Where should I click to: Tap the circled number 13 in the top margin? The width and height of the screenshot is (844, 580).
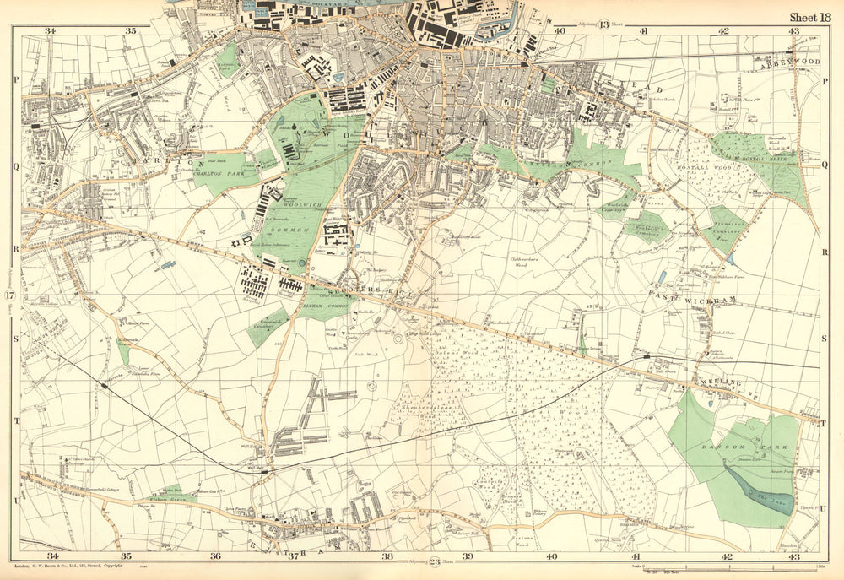[604, 24]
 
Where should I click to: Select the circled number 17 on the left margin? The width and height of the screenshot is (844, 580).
[9, 296]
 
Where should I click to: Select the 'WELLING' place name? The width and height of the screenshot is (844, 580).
[720, 383]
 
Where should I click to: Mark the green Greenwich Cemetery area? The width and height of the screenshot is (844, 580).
[268, 328]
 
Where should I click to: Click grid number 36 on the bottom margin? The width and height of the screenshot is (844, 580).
[215, 556]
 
